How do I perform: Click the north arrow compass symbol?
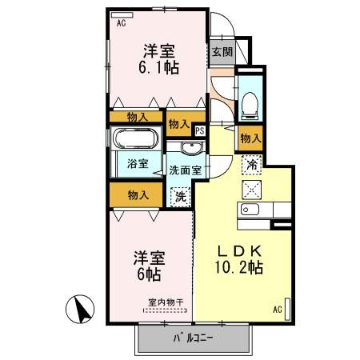tap(80, 309)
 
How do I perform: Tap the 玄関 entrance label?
tap(222, 52)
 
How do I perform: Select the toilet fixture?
tap(250, 106)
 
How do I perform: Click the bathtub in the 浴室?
tap(136, 138)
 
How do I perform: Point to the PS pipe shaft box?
tap(200, 130)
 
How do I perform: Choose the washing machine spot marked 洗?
tap(181, 197)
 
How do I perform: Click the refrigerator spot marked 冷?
tap(251, 165)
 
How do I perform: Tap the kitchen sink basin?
tap(250, 210)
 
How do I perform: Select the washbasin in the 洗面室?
tap(192, 148)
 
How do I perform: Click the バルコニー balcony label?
tap(194, 338)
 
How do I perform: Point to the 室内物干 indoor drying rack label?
tap(166, 302)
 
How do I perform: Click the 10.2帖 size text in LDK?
tap(239, 267)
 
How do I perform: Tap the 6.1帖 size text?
tap(158, 67)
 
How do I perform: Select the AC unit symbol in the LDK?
tap(287, 309)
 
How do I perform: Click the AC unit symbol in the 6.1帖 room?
tap(122, 15)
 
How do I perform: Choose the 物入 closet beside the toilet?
tap(250, 138)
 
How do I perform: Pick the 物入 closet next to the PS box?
tap(180, 124)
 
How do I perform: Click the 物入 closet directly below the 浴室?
tap(137, 195)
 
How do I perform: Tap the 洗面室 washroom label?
tap(186, 170)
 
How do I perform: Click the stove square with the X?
tap(252, 190)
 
